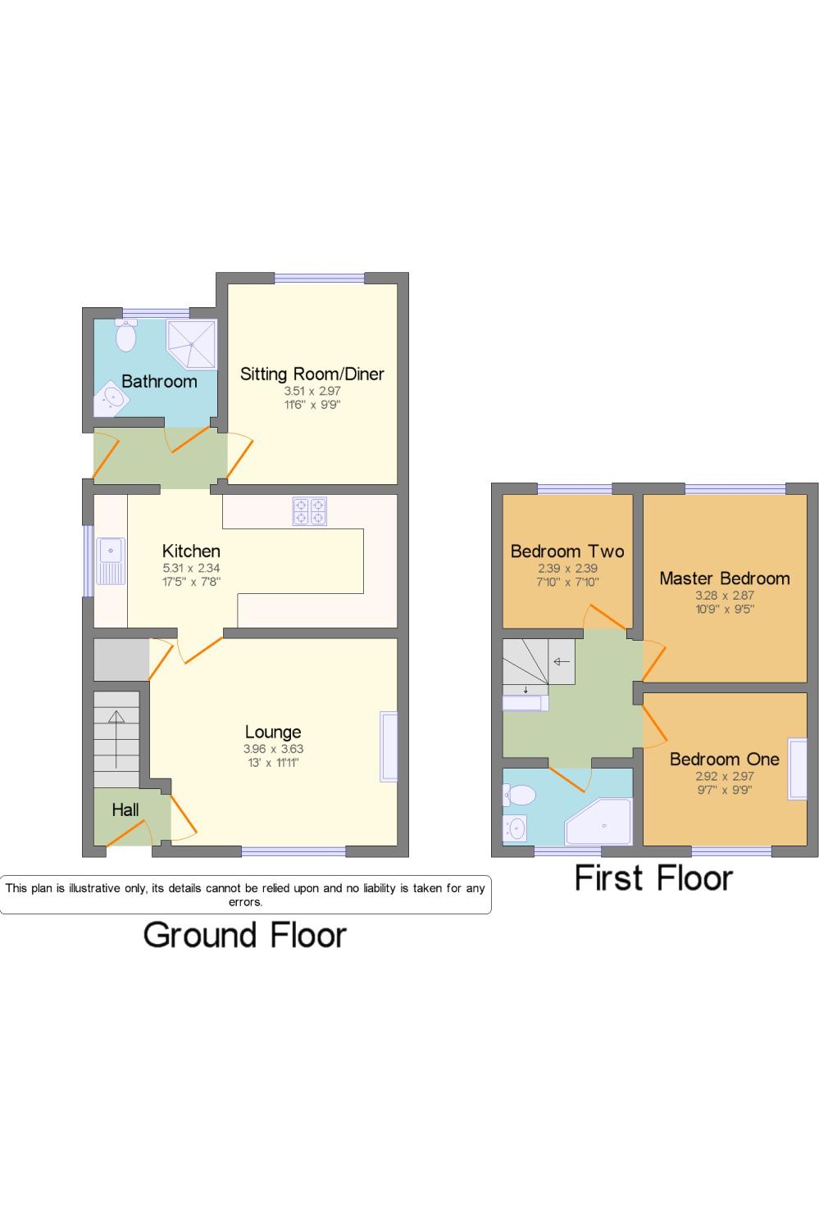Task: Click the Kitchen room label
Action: click(x=191, y=551)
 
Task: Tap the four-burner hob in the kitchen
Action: click(x=309, y=511)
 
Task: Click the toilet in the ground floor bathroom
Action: click(x=126, y=335)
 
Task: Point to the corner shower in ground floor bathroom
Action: click(x=192, y=343)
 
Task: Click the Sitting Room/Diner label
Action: click(x=312, y=374)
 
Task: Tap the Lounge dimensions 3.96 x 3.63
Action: click(x=273, y=749)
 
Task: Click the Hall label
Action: click(x=125, y=810)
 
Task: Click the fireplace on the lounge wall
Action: click(x=389, y=746)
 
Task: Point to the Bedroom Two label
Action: click(x=566, y=551)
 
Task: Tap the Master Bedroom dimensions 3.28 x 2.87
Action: click(x=724, y=596)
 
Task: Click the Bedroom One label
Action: click(x=724, y=759)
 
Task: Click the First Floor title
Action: click(x=653, y=878)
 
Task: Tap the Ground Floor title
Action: click(x=245, y=935)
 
